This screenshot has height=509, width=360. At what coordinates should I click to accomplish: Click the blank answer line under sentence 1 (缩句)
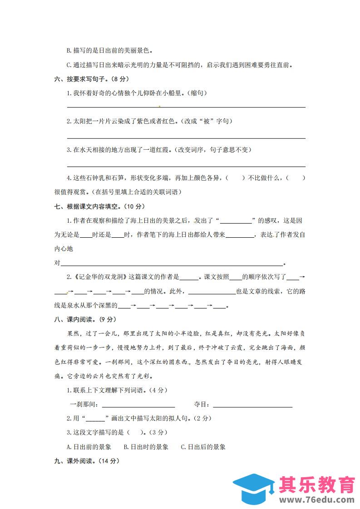pos(186,107)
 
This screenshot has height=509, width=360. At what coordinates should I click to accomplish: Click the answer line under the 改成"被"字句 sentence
pos(186,137)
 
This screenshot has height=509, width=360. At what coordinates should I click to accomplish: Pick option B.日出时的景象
pos(146,447)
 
